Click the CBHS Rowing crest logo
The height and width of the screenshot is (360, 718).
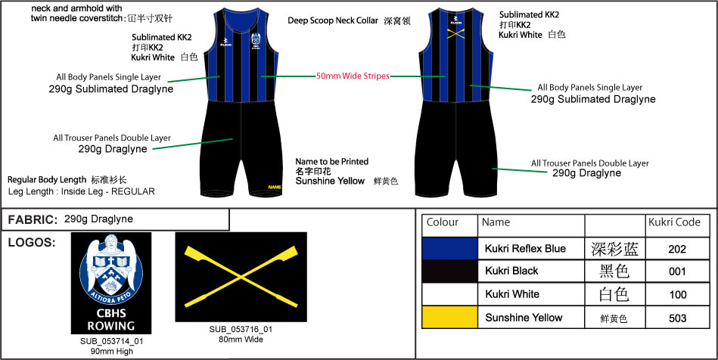(110, 283)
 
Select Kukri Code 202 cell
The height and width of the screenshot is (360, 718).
(678, 249)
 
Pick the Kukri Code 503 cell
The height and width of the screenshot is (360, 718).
(678, 318)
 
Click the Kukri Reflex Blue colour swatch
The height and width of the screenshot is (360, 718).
(449, 249)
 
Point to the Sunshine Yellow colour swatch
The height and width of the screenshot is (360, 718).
(449, 318)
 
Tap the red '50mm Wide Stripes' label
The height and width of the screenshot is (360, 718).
(353, 76)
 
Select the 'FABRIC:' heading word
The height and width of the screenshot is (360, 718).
(32, 219)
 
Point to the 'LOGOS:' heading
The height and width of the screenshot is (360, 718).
(30, 243)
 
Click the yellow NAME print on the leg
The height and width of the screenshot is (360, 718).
(274, 187)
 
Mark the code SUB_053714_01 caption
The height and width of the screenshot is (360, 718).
(111, 341)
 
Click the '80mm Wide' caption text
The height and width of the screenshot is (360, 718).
(241, 339)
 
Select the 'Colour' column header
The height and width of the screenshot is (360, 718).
(443, 223)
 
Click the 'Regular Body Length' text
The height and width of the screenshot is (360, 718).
(48, 180)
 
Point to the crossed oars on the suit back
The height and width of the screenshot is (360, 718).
(455, 33)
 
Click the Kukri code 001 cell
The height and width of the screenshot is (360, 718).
(678, 272)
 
